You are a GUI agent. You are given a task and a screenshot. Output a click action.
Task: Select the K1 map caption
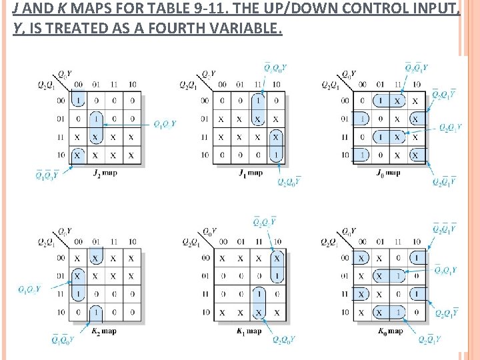[249, 331]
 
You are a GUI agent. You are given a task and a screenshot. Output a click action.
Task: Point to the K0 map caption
[390, 331]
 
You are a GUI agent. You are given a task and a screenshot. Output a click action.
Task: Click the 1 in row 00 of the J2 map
[79, 101]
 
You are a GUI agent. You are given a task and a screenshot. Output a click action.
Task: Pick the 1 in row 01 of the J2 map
[97, 119]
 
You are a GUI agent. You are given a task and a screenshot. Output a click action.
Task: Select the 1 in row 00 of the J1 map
[258, 101]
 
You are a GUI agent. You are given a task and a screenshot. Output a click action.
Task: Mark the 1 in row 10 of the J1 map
[276, 155]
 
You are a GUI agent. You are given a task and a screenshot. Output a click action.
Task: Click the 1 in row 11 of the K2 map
[78, 293]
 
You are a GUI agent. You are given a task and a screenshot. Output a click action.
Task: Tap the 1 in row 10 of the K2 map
[97, 311]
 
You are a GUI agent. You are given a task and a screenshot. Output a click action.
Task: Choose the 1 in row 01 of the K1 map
[277, 275]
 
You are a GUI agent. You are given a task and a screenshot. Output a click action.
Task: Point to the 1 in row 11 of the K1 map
[259, 293]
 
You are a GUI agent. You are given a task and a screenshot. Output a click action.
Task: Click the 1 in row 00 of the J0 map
[380, 101]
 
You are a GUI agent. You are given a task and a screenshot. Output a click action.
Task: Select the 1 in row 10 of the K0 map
[398, 311]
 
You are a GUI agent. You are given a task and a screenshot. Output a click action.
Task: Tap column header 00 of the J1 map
[222, 85]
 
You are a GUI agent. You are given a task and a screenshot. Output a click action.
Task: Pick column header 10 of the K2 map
[132, 241]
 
